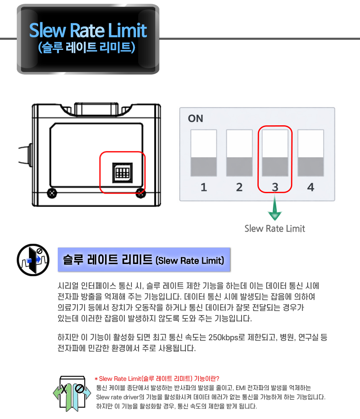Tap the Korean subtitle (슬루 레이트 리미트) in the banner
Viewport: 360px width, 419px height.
click(x=87, y=47)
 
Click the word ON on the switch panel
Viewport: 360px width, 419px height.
click(x=195, y=119)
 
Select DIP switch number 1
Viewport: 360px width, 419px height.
click(x=203, y=153)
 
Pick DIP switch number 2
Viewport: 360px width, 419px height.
click(x=239, y=153)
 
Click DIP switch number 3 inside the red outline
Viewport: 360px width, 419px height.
click(x=275, y=153)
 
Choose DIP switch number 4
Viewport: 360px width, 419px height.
click(x=311, y=153)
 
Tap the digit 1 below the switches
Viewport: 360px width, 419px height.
click(x=204, y=187)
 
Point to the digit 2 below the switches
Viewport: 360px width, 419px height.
click(x=239, y=187)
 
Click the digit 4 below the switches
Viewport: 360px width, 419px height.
click(x=311, y=187)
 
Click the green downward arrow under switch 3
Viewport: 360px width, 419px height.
click(x=275, y=207)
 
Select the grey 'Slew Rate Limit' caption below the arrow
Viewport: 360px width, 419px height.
click(x=275, y=229)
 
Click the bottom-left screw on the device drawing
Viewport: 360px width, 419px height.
click(x=52, y=193)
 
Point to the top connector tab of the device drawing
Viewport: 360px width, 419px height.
click(x=96, y=109)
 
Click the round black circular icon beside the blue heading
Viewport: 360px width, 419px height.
click(x=33, y=260)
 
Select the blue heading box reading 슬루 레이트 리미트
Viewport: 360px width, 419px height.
click(x=144, y=260)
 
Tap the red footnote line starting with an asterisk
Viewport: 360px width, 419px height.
click(x=157, y=379)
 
